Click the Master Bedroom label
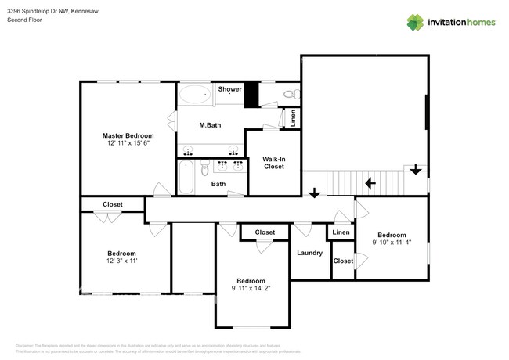[x=128, y=135]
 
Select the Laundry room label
[x=310, y=253]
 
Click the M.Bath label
[x=209, y=125]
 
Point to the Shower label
[x=229, y=89]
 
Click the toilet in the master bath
[x=290, y=94]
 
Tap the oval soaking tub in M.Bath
[x=194, y=95]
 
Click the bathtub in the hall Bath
[x=186, y=177]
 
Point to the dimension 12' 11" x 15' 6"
[x=128, y=143]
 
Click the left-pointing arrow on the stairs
[x=370, y=184]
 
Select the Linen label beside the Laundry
[x=341, y=232]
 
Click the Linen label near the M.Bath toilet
[x=293, y=118]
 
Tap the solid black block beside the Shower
[x=251, y=95]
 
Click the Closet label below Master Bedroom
[x=113, y=204]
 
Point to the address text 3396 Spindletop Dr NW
[x=39, y=10]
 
